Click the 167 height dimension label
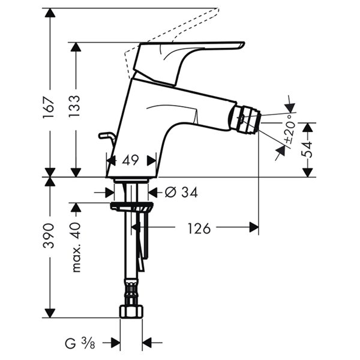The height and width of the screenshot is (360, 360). coord(49,107)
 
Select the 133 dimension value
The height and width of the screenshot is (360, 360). coord(75,106)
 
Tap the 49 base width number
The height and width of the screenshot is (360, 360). coord(130,160)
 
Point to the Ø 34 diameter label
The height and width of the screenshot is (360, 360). coord(181,192)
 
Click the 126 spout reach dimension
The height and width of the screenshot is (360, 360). coord(199,228)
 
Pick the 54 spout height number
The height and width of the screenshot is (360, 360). coord(307,149)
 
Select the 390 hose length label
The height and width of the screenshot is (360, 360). coord(49,236)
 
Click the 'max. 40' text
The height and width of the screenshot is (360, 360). coord(76,247)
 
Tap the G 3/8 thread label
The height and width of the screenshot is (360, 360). coord(80,344)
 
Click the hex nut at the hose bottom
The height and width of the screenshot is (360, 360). coord(131,311)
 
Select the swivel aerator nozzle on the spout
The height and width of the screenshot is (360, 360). coord(245,119)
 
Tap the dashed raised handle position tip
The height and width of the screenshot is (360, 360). coord(218,9)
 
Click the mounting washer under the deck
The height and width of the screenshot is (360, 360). coord(131,206)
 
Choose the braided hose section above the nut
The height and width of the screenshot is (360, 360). coord(131,292)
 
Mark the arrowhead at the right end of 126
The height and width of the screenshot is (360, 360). coord(254,227)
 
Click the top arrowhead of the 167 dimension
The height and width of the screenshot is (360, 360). coord(50,13)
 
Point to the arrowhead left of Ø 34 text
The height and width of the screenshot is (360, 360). coord(110,192)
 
